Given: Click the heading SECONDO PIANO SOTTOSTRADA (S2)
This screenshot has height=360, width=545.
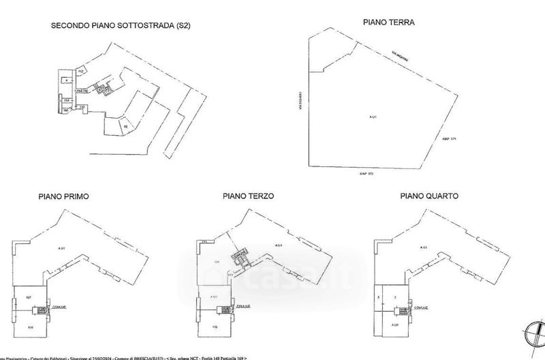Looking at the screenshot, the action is [120, 27].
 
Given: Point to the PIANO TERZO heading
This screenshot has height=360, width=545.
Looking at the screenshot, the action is [248, 196].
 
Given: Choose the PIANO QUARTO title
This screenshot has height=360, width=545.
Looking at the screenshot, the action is [430, 196].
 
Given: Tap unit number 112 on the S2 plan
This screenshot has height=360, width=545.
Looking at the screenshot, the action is [80, 71].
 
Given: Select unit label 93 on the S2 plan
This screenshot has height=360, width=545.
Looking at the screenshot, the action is [125, 126].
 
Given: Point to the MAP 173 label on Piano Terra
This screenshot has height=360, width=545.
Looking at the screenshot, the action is [368, 175].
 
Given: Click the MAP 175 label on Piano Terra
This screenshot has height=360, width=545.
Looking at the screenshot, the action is [448, 138].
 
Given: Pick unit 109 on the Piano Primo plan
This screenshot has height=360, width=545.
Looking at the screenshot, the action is [31, 327].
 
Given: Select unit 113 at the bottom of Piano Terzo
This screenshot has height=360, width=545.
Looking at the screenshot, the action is [215, 327].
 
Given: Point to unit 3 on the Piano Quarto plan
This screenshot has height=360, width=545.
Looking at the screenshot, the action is [377, 297].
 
